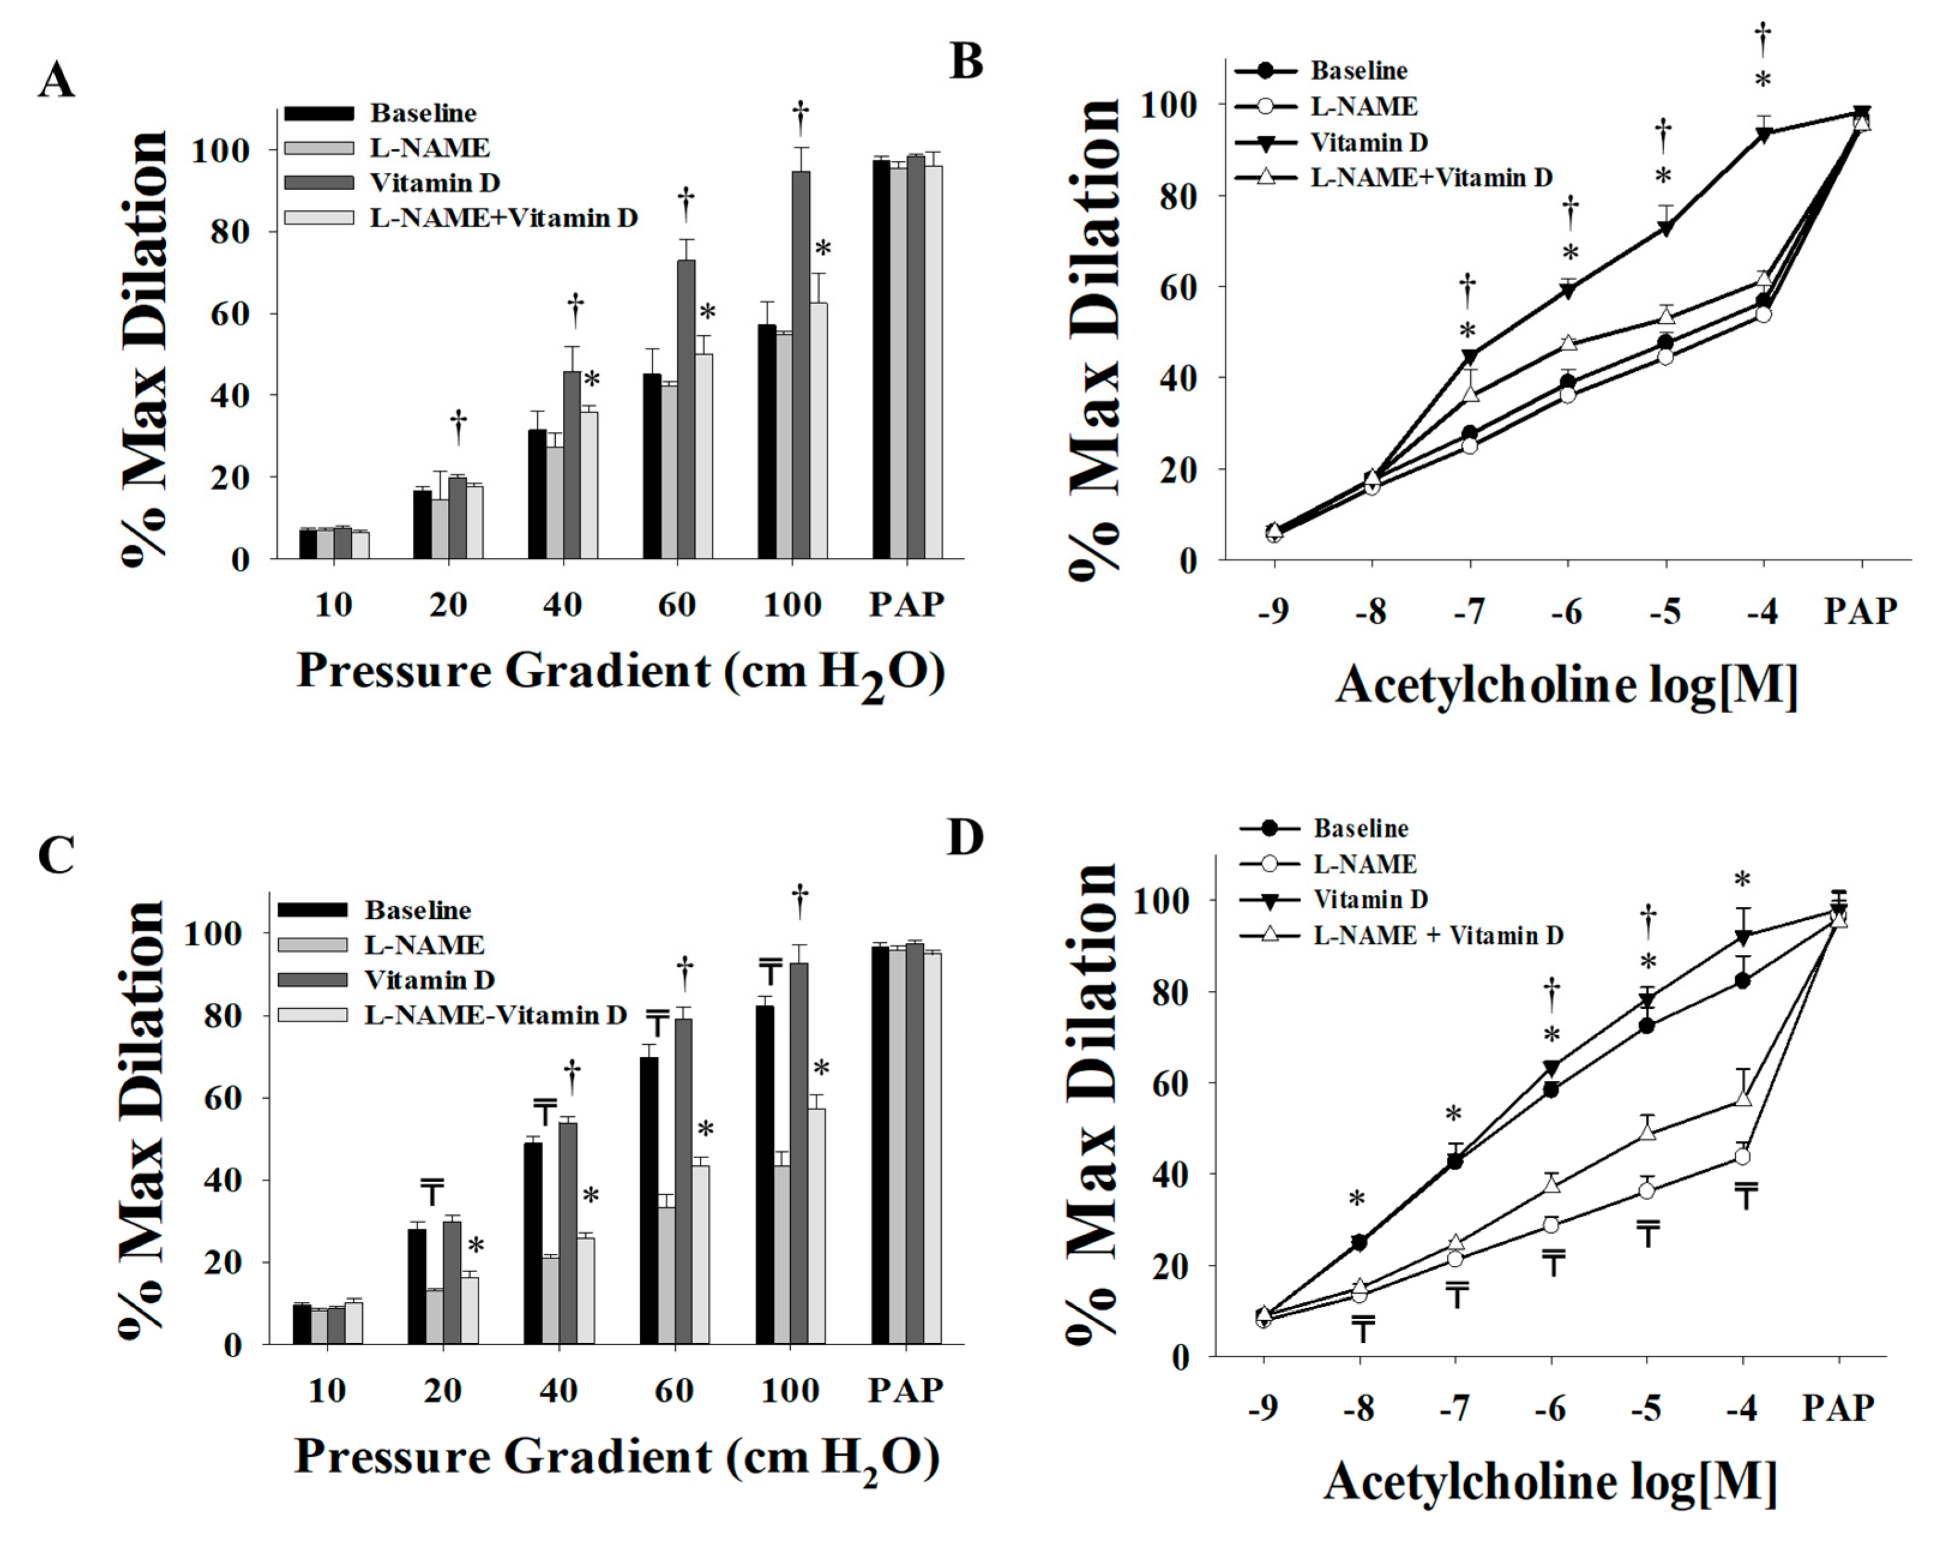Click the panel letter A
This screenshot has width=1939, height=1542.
coord(56,81)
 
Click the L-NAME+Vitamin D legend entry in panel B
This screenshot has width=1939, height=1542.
coord(1430,178)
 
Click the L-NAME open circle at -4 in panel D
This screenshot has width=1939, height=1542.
coord(1743,1156)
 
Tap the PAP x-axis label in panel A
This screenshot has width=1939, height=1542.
coord(907,605)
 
